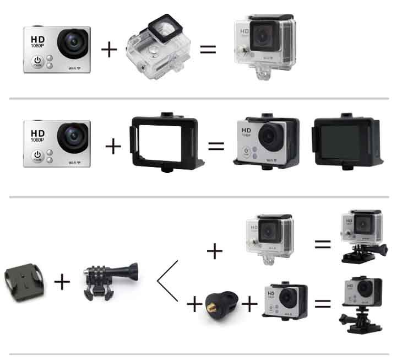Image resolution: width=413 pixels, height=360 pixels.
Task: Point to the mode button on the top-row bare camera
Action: (37, 62)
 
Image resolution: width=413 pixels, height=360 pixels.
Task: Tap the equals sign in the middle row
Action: (216, 147)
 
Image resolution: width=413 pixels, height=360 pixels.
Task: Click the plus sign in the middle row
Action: (113, 147)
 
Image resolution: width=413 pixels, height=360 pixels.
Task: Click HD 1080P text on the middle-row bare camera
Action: (38, 137)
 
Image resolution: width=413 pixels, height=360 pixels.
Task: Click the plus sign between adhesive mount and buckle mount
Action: (62, 282)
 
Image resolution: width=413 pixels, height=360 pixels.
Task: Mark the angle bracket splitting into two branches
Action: (167, 282)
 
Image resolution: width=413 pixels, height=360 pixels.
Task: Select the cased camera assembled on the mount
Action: (360, 235)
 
